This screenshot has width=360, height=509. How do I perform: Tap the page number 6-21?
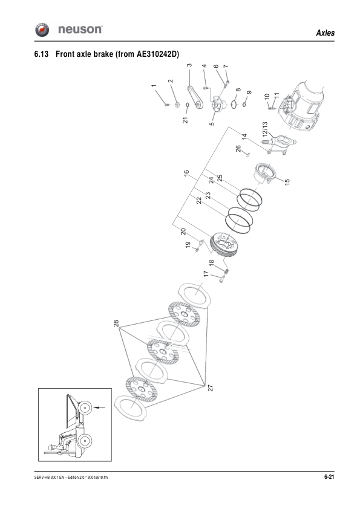pyautogui.click(x=329, y=478)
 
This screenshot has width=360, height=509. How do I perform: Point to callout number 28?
pyautogui.click(x=116, y=324)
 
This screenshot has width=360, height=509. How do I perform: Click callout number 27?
pyautogui.click(x=210, y=389)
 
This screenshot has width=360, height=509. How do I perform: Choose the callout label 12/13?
pyautogui.click(x=264, y=129)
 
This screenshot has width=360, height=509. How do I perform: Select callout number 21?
pyautogui.click(x=186, y=119)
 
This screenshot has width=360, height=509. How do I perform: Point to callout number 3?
pyautogui.click(x=189, y=65)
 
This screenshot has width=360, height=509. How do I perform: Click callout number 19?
pyautogui.click(x=188, y=244)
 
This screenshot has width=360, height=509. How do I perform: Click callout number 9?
pyautogui.click(x=249, y=92)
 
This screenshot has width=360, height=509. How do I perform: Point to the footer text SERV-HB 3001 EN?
pyautogui.click(x=54, y=478)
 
